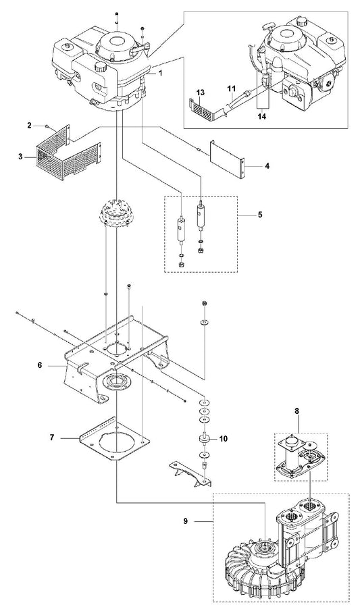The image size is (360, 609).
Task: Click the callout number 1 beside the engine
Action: (x=160, y=73)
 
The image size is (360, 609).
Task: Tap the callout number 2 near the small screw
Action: (x=29, y=125)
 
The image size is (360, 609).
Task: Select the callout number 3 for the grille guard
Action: (x=20, y=157)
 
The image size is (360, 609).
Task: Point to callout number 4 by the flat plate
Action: (x=267, y=166)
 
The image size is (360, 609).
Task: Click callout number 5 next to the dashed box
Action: (x=260, y=215)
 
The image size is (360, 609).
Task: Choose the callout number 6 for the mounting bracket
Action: (x=40, y=365)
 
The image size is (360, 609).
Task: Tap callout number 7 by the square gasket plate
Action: (x=51, y=438)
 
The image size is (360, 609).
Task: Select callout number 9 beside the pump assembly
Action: (x=185, y=521)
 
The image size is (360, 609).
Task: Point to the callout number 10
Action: (x=224, y=439)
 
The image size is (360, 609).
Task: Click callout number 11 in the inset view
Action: (x=232, y=89)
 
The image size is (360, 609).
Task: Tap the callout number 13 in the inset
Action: (x=201, y=92)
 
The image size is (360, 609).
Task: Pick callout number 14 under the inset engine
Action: (x=262, y=115)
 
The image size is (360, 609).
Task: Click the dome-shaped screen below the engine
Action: (x=116, y=213)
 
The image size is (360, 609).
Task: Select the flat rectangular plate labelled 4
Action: (x=228, y=159)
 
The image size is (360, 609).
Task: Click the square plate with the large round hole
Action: (x=114, y=439)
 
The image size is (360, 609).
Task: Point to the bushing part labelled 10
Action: (x=205, y=438)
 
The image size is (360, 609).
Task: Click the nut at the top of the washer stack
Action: (x=204, y=303)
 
